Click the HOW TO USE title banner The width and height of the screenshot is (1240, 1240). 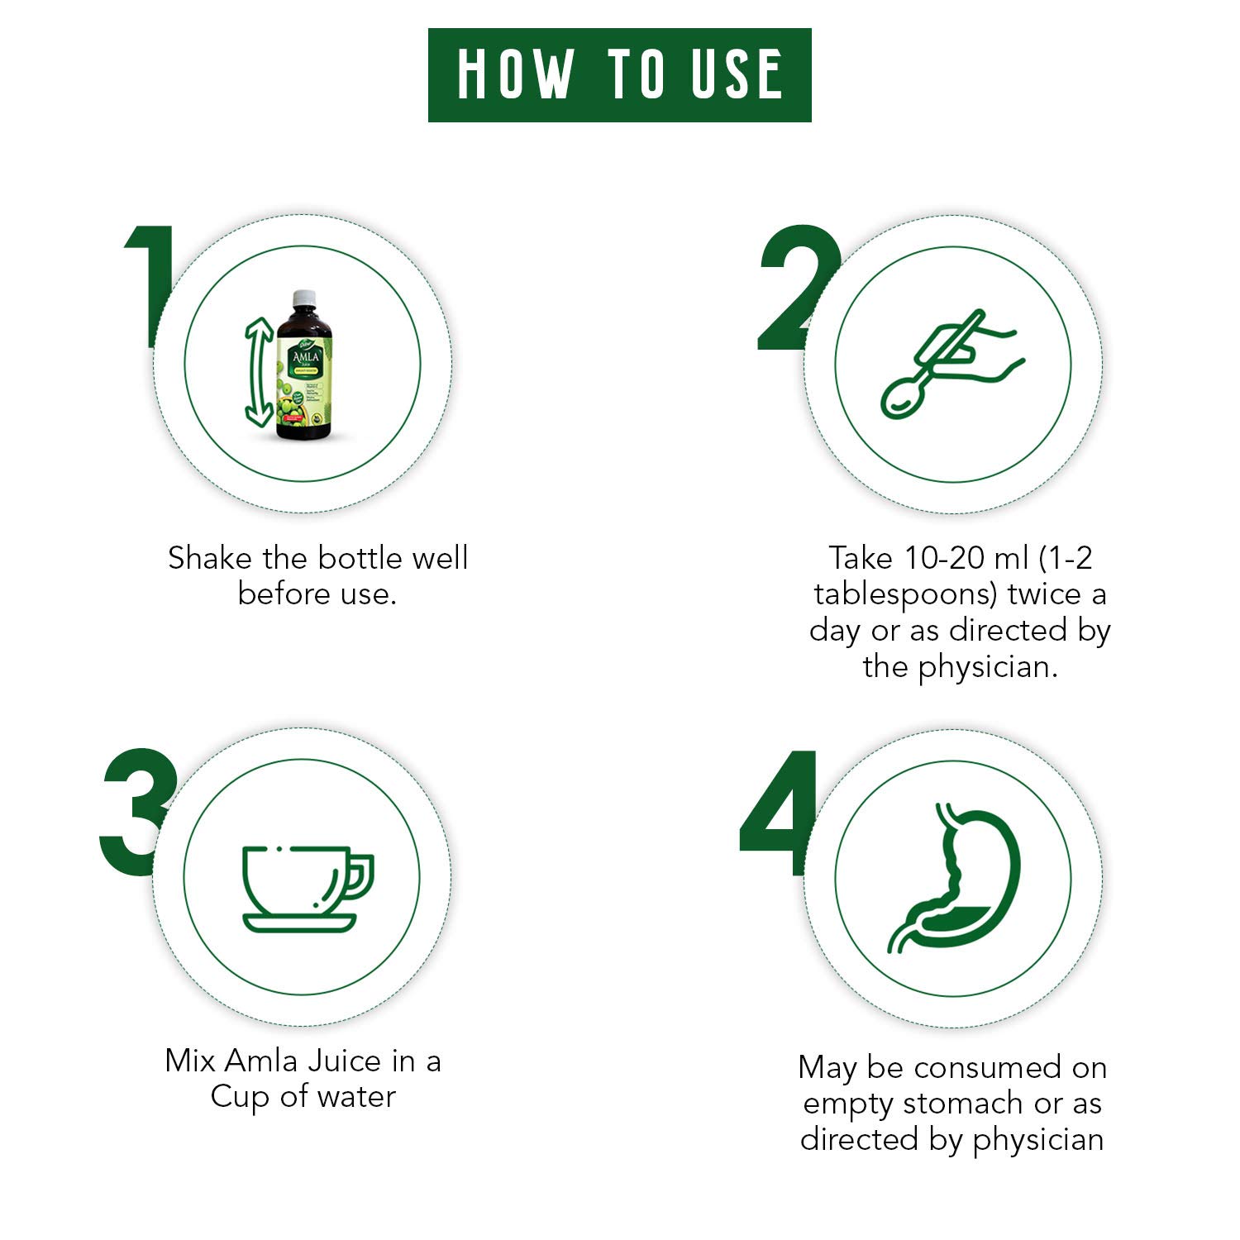(x=619, y=75)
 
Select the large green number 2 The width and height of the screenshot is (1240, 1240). (x=797, y=289)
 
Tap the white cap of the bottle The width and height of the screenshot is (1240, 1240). (x=304, y=297)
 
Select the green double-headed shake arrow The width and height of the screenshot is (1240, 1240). (x=259, y=373)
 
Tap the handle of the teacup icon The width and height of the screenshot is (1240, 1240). (x=362, y=876)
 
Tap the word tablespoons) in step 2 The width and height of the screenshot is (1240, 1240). (x=905, y=594)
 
